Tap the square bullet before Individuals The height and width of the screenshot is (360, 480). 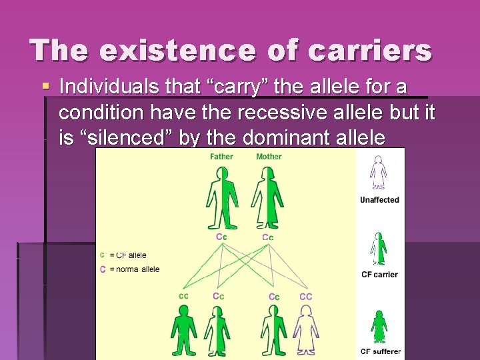[x=45, y=87]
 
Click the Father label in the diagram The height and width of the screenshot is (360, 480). [x=222, y=157]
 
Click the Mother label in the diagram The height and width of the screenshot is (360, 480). [x=269, y=157]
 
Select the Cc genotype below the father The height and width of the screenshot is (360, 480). [x=221, y=237]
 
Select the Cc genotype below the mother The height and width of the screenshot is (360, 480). [x=267, y=237]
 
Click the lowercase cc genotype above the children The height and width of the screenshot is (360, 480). [x=183, y=295]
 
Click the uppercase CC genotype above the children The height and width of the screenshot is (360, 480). [x=306, y=296]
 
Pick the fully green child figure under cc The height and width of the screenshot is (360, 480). [x=183, y=330]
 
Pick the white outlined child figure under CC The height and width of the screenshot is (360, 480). [x=306, y=330]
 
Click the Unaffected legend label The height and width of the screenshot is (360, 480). [x=379, y=200]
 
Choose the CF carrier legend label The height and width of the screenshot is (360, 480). [x=379, y=275]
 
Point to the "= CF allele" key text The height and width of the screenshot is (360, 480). [x=127, y=255]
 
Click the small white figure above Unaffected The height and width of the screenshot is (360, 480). [x=379, y=173]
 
